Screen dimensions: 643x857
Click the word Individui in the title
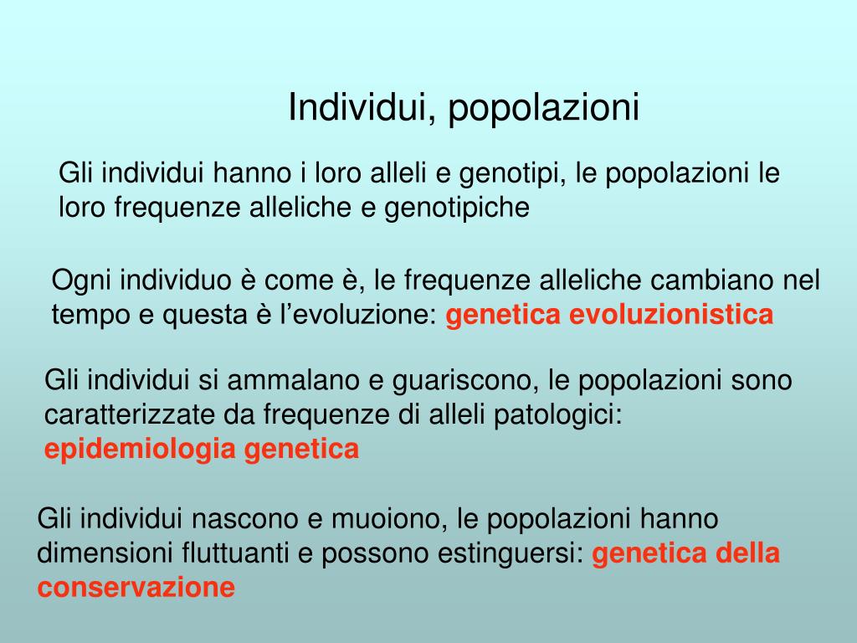(x=355, y=108)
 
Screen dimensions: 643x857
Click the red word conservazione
(x=136, y=588)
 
